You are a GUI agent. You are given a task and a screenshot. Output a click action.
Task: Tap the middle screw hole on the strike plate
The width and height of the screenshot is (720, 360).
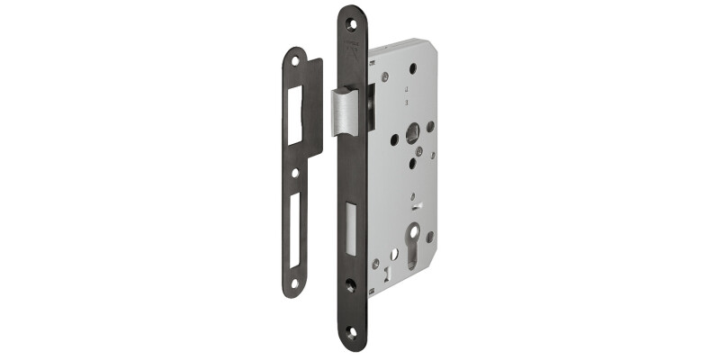[x=295, y=170]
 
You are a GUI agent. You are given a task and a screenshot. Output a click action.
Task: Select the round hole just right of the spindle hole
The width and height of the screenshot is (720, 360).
[x=431, y=127]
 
